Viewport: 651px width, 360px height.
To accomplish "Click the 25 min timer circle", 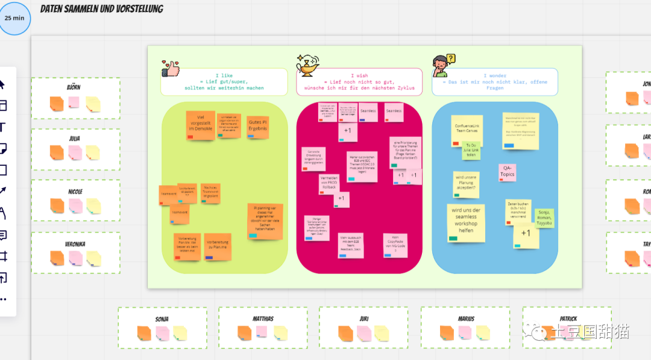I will coord(14,18).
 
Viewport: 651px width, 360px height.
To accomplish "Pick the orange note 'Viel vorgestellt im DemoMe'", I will coord(201,125).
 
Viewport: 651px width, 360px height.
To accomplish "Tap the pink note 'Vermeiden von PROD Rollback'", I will coord(329,184).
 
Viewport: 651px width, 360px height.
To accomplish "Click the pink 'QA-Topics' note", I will coord(507,172).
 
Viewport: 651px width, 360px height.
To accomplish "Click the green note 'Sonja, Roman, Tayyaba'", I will coord(544,218).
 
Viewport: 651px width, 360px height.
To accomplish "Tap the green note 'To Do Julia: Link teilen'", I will coord(471,150).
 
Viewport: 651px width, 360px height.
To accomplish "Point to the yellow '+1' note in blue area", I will coord(526,235).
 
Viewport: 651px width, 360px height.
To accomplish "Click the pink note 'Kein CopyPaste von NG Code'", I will coord(395,245).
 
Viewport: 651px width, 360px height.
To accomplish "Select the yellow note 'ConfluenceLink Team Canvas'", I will coord(467,130).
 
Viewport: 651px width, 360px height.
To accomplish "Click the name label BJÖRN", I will coord(74,87).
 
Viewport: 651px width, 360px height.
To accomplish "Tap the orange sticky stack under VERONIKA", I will coord(57,258).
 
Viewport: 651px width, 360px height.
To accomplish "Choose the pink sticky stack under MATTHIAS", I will coord(262,332).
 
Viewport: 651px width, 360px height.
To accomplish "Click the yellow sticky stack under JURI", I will coord(381,333).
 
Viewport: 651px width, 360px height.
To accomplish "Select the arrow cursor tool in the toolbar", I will coord(2,84).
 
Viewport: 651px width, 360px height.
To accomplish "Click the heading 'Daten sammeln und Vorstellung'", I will coord(101,9).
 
